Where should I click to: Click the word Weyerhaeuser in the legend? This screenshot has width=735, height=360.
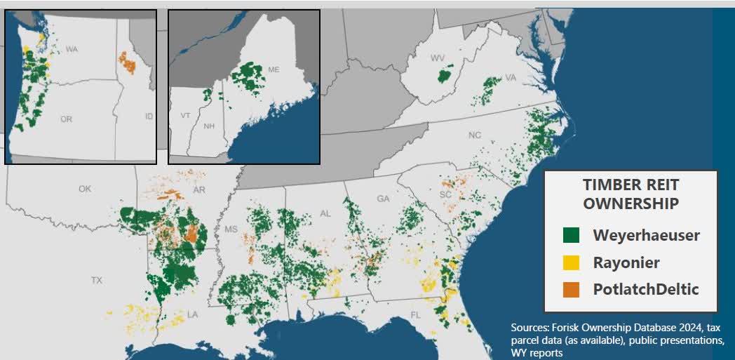646,235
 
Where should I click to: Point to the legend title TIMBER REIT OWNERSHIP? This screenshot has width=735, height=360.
631,194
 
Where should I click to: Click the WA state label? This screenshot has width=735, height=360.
71,49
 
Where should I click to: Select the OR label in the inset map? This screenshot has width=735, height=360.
66,119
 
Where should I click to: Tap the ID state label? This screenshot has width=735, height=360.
148,116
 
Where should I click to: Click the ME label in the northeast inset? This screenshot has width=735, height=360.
274,69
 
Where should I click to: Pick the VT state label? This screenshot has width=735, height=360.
185,115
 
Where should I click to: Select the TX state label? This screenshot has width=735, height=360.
96,280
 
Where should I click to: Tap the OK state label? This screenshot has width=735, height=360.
85,189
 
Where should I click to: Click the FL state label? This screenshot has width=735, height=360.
415,315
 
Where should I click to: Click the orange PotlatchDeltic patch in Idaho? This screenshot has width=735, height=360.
127,62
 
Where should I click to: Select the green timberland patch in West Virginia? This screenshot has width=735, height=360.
443,76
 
